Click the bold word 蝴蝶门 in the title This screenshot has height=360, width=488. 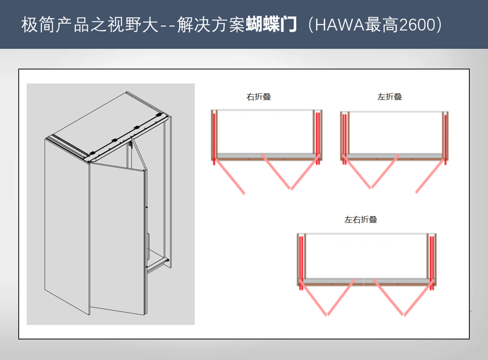pos(271,24)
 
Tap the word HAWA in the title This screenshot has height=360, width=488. pos(340,25)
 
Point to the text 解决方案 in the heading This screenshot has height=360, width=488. pos(211,24)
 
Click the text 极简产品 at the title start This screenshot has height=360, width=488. pos(55,24)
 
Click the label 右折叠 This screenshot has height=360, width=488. pos(259,97)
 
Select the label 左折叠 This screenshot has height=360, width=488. pos(389,97)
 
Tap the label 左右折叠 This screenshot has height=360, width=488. pos(361,220)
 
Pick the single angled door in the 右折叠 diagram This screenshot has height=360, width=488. pos(230,177)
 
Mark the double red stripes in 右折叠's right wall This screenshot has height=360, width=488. pos(318,138)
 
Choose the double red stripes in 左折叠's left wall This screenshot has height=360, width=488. pos(344,139)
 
